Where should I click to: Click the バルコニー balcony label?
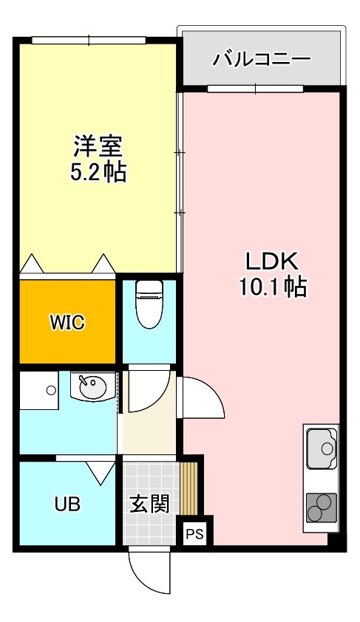(262, 59)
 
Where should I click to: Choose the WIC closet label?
(67, 322)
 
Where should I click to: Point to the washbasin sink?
(92, 388)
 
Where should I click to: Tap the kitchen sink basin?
(322, 447)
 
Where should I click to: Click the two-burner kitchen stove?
(321, 508)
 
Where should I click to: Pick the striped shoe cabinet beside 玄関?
(189, 488)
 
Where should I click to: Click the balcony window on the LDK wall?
(255, 89)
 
